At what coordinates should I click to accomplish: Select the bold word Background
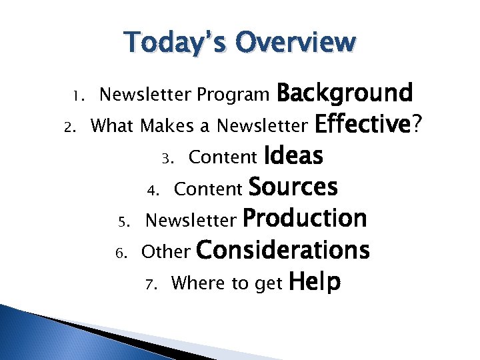click(345, 93)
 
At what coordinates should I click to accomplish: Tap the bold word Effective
click(362, 125)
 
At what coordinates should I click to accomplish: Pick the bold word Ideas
click(293, 156)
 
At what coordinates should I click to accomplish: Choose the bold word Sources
click(293, 188)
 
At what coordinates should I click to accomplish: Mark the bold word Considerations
click(283, 250)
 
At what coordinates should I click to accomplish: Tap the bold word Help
click(315, 282)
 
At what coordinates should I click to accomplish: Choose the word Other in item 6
click(167, 252)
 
